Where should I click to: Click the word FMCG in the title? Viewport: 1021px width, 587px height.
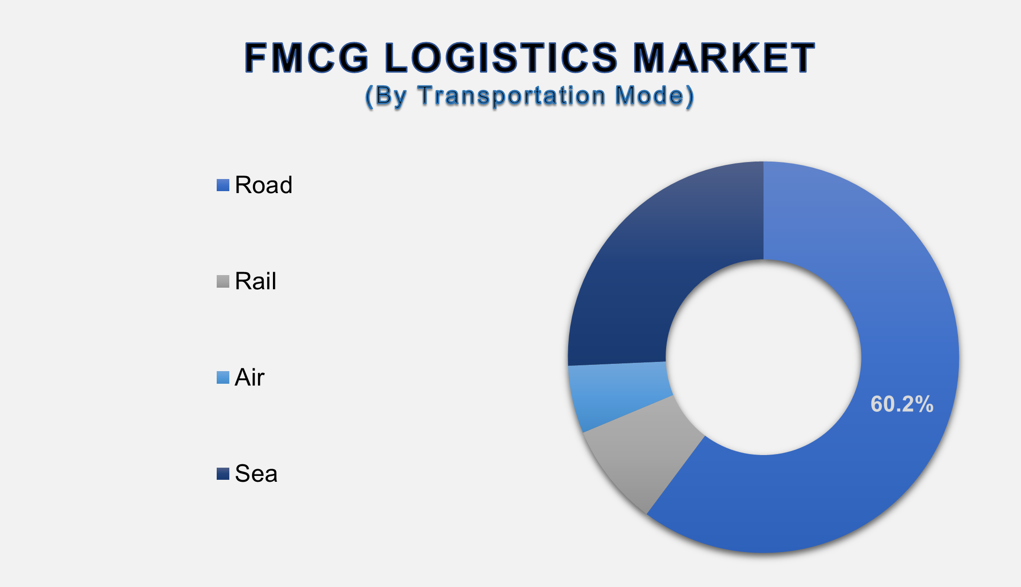coord(307,58)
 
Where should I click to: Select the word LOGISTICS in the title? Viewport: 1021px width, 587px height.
coord(501,58)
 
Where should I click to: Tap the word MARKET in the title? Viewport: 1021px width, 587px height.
coord(724,58)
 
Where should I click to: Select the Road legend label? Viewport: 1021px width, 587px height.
coord(264,185)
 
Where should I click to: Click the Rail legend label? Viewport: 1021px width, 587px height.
coord(255,281)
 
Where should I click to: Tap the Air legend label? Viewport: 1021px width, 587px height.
coord(250,377)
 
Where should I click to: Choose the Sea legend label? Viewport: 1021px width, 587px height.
coord(256,473)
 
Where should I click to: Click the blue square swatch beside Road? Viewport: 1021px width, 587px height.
coord(223,185)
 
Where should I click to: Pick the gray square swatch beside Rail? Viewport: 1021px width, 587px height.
coord(223,281)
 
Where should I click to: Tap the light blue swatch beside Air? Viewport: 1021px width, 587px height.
coord(223,377)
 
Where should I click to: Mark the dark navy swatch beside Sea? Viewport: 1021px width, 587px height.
coord(223,473)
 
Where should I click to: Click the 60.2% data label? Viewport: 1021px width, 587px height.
coord(902,404)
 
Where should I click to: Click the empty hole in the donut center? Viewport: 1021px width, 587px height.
coord(764,358)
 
